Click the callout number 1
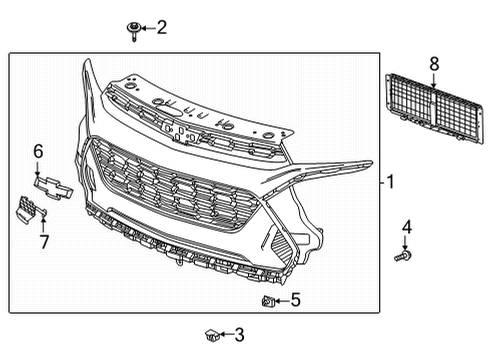click(391, 182)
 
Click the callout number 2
click(162, 27)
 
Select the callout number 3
click(239, 336)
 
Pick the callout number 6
click(38, 151)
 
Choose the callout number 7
click(44, 241)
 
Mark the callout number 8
click(434, 63)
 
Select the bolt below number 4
click(406, 257)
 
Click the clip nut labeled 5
click(268, 299)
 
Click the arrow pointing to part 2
click(147, 28)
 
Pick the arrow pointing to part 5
click(282, 299)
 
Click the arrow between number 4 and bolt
click(406, 241)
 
